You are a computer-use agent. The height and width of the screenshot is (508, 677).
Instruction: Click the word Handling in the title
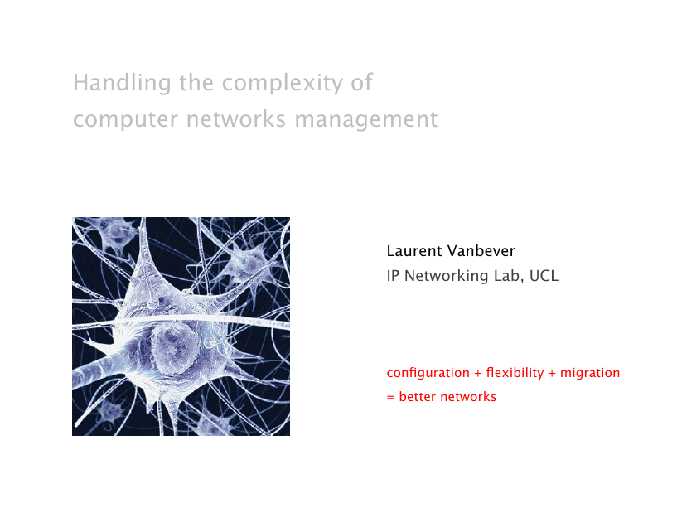[x=122, y=83]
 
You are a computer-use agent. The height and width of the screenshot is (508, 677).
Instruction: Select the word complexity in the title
[x=283, y=83]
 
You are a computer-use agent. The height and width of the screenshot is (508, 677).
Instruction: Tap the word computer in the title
[x=125, y=119]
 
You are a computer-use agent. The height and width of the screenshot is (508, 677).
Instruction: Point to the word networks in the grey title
[x=235, y=119]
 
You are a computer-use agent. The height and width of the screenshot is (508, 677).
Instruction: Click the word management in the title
[x=366, y=119]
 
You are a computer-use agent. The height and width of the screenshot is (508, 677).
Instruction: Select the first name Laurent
[x=414, y=250]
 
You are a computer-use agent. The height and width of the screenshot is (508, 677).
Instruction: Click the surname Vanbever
[x=481, y=250]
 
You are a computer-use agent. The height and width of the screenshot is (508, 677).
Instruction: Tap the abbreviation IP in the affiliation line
[x=393, y=276]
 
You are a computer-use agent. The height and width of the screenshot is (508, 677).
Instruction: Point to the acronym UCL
[x=544, y=276]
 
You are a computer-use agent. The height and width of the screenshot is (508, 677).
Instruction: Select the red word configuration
[x=428, y=373]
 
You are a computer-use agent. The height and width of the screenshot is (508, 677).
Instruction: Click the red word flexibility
[x=515, y=373]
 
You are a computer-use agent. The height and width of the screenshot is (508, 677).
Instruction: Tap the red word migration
[x=590, y=373]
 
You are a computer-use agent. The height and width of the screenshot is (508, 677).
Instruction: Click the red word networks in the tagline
[x=468, y=397]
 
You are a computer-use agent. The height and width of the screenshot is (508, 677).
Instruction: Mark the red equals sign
[x=390, y=398]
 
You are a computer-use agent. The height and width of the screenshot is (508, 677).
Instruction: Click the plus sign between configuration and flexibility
[x=477, y=373]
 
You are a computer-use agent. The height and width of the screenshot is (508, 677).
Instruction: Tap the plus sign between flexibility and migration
[x=552, y=373]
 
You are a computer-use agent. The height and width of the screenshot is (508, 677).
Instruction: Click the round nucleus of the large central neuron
[x=175, y=348]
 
